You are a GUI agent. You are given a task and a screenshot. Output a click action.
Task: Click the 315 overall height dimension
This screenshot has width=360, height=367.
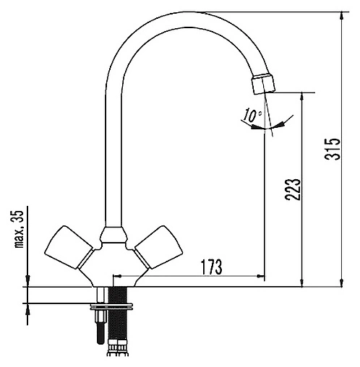[x=333, y=149]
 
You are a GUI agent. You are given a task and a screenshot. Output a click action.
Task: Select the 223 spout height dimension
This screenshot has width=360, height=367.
[x=293, y=189]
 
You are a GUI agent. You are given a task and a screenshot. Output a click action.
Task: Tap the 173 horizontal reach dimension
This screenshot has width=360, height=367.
[x=212, y=267]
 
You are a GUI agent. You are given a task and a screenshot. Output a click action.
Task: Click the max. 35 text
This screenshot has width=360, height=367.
[x=19, y=229]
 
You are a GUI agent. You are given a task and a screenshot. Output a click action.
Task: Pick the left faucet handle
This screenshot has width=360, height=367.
[x=69, y=247]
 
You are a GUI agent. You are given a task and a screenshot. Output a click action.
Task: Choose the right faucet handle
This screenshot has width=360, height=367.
[x=158, y=247]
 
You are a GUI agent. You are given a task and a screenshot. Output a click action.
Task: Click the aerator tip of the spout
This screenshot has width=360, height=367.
[x=263, y=84]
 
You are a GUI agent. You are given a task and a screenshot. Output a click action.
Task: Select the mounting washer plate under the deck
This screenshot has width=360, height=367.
[x=111, y=306]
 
